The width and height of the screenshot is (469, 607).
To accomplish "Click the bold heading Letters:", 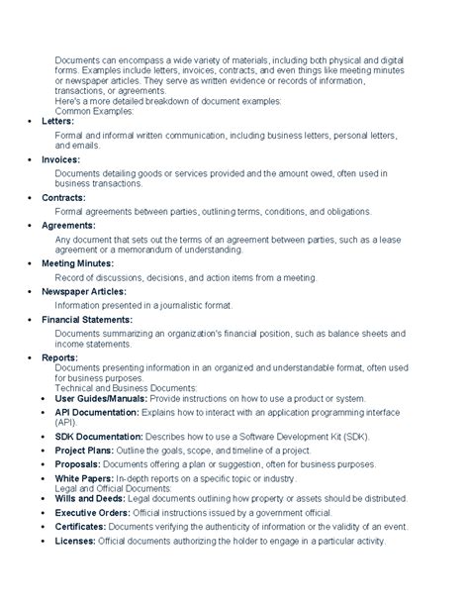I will click(57, 121).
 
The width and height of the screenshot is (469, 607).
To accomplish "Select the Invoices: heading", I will click(60, 158).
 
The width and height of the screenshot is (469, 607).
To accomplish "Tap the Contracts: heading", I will click(62, 197).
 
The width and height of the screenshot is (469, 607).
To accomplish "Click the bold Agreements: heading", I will click(67, 225).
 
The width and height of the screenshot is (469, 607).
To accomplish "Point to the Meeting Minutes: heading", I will click(77, 264).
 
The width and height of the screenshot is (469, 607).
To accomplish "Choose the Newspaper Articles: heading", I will click(84, 292).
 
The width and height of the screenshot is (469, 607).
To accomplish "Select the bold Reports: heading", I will click(59, 356).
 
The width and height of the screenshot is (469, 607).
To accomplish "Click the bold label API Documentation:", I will click(90, 409).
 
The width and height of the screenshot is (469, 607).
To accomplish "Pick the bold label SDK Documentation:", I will click(92, 436).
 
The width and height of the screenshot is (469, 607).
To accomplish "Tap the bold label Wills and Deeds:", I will click(85, 500).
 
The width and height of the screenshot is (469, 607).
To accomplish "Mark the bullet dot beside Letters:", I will click(29, 121).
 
